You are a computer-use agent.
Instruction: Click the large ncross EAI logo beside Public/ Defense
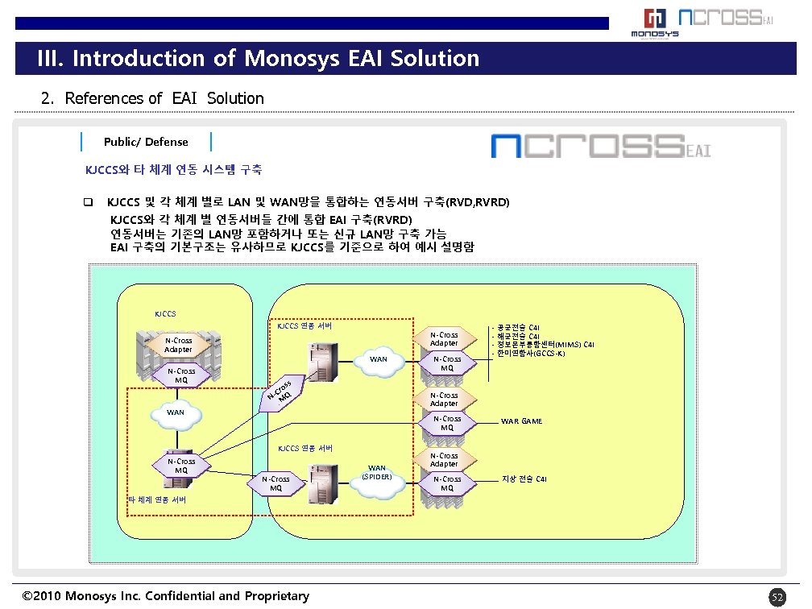tap(601, 147)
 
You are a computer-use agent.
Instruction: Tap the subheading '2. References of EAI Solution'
tap(152, 98)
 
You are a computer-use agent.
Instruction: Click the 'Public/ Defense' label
tap(146, 142)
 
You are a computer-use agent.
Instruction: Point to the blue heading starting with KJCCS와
tap(173, 170)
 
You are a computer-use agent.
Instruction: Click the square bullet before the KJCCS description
tap(89, 201)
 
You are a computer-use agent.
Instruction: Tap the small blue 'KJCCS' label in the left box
tap(165, 314)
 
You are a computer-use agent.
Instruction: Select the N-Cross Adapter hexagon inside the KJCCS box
tap(178, 345)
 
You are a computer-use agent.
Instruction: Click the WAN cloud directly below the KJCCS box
tap(175, 412)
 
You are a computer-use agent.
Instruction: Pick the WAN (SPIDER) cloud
tap(376, 472)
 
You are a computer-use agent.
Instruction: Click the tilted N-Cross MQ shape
tap(282, 391)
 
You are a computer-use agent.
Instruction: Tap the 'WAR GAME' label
tap(521, 421)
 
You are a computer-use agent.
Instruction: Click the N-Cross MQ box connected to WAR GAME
tap(447, 423)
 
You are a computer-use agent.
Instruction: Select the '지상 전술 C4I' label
tap(524, 480)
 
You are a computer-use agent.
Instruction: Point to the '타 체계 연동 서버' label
tap(158, 499)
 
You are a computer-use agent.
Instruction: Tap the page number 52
tap(777, 597)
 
